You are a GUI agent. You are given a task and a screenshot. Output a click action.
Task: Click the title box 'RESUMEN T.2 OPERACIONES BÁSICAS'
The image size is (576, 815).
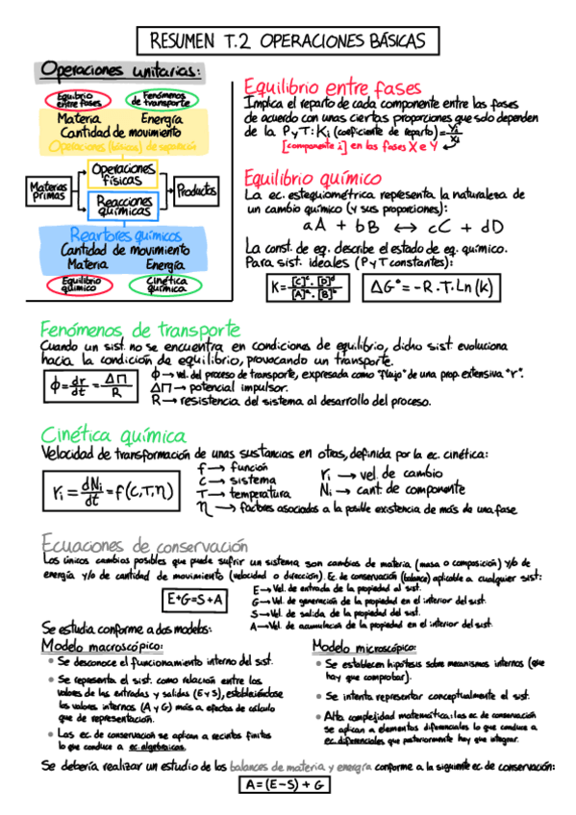click(288, 41)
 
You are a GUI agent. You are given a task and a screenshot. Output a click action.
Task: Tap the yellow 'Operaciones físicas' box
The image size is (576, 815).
click(127, 173)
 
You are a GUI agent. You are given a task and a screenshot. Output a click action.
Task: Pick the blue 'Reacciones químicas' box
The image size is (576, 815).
click(127, 205)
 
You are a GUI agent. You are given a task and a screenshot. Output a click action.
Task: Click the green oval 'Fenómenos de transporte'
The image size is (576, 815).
click(163, 99)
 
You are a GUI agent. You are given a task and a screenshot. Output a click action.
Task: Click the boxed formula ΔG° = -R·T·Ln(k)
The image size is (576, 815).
click(430, 286)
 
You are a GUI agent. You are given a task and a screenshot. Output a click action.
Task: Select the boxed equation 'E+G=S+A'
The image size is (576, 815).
click(195, 601)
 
